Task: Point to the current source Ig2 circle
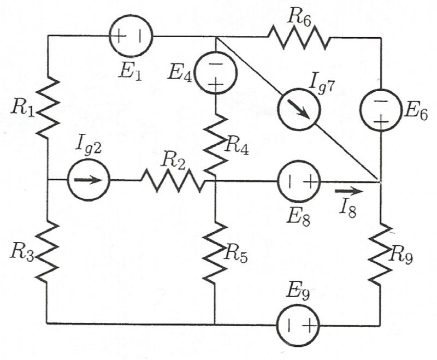pos(89,180)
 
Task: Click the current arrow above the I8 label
pos(347,191)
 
